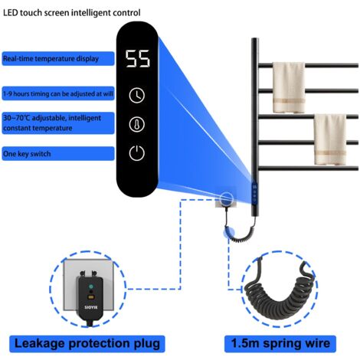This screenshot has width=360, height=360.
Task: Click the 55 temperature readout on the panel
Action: pyautogui.click(x=137, y=59)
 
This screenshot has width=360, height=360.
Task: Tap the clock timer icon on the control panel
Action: pyautogui.click(x=137, y=95)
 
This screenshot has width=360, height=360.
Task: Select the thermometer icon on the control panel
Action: pyautogui.click(x=137, y=124)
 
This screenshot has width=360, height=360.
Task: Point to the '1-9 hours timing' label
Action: pyautogui.click(x=58, y=93)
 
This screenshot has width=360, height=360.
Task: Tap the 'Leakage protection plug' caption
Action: pyautogui.click(x=87, y=344)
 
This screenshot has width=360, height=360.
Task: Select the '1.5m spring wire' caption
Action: pyautogui.click(x=280, y=344)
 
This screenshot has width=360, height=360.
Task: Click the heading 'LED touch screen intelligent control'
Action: pyautogui.click(x=72, y=13)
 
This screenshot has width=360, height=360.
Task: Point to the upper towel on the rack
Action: pyautogui.click(x=289, y=87)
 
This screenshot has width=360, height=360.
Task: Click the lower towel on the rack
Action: pyautogui.click(x=330, y=139)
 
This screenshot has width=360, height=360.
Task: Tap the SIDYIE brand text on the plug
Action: pyautogui.click(x=91, y=307)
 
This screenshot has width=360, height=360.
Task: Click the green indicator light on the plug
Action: pyautogui.click(x=91, y=286)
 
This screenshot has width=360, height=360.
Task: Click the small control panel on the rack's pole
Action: pyautogui.click(x=254, y=193)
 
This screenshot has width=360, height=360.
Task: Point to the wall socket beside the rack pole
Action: pyautogui.click(x=226, y=199)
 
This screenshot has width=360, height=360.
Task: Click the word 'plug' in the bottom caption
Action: pyautogui.click(x=147, y=344)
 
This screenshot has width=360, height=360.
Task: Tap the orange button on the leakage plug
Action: pyautogui.click(x=91, y=297)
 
